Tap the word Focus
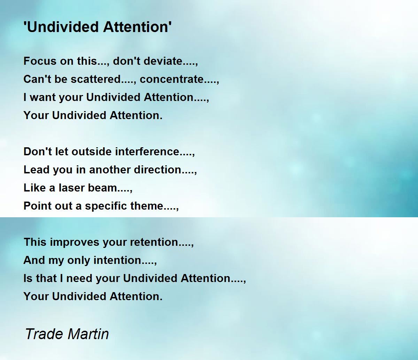40,61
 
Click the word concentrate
172,79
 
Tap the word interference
147,151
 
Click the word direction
157,170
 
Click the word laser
71,188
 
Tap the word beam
103,188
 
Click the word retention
154,242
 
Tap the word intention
117,260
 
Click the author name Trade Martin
67,334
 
